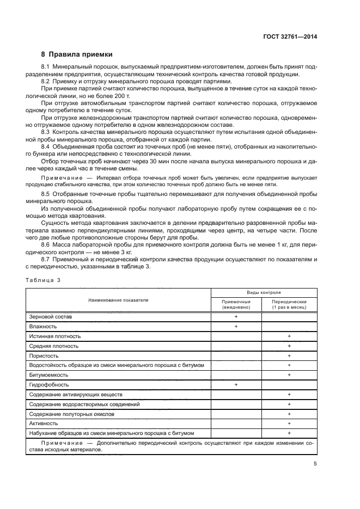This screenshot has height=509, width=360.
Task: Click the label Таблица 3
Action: click(43, 279)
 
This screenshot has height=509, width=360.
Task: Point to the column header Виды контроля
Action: click(264, 292)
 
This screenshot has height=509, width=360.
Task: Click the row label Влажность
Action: click(44, 326)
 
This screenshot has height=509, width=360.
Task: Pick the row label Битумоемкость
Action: click(48, 375)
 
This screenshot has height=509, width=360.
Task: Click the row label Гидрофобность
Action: click(49, 385)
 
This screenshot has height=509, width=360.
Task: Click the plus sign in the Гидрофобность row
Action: click(236, 385)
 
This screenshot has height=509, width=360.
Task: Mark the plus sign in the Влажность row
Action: click(236, 326)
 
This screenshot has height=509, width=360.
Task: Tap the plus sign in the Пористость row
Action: click(289, 355)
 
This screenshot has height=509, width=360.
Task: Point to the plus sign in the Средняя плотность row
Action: click(289, 346)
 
